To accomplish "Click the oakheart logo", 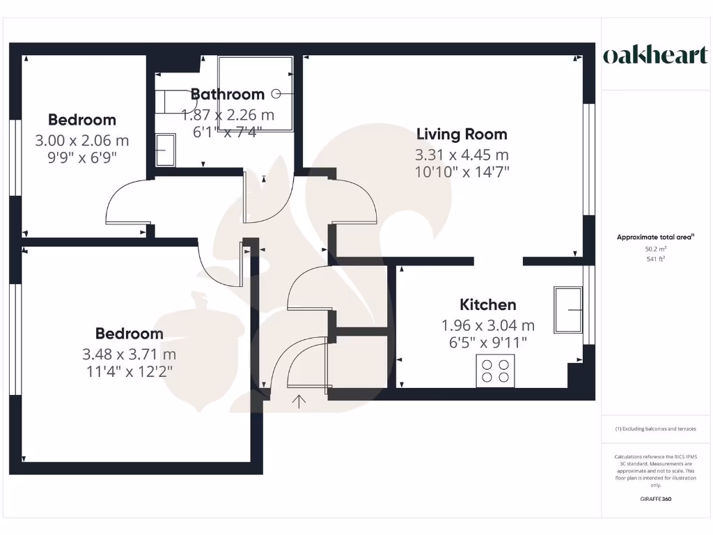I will [x=655, y=56].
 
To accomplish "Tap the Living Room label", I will [x=462, y=134].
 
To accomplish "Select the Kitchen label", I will [x=488, y=304].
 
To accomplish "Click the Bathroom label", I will [x=228, y=94].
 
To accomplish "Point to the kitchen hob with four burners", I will [x=495, y=370].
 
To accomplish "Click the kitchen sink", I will [x=568, y=309].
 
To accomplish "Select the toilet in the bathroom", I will [x=166, y=101].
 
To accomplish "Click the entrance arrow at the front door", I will [x=300, y=401].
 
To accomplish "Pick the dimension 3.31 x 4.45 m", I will [x=462, y=155].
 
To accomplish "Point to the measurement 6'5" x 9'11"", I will [x=488, y=342].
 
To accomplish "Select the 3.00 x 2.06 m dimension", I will [x=82, y=141].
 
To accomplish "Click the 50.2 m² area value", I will [x=655, y=249].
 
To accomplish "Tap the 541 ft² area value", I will [x=655, y=259].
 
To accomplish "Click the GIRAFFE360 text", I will [x=655, y=499].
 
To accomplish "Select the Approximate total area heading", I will [x=655, y=237].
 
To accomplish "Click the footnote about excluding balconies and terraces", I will [x=655, y=429].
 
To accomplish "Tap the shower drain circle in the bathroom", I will [x=276, y=93].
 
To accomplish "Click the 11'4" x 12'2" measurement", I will [x=130, y=371].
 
